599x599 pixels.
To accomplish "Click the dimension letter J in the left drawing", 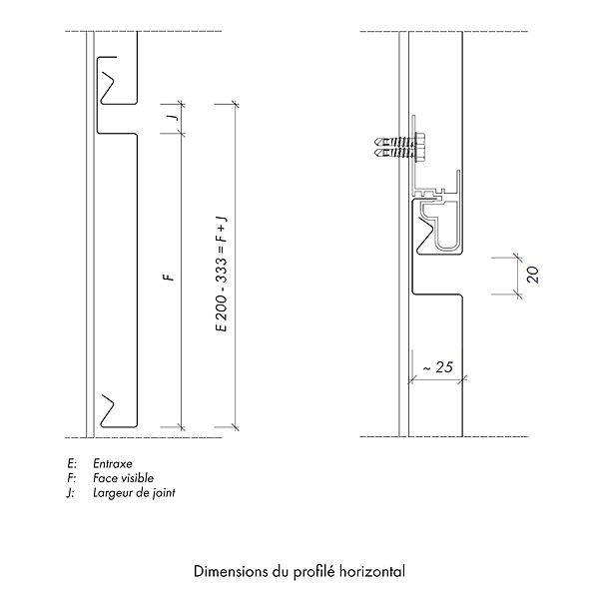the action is click(174, 116).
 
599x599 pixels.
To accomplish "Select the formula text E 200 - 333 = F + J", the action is click(222, 274).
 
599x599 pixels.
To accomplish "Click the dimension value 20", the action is click(532, 275).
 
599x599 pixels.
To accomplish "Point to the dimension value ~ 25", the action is click(438, 367).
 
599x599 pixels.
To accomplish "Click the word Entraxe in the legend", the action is click(113, 464).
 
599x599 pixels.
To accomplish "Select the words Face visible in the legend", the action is click(123, 478).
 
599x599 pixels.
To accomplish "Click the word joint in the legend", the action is click(164, 493).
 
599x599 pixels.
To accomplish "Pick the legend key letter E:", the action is click(72, 464).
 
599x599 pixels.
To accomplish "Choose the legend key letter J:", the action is click(70, 493).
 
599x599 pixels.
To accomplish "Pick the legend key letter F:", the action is click(72, 478).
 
